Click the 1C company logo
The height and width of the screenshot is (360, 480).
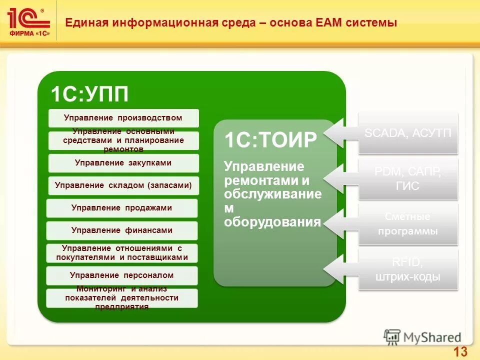click(28, 21)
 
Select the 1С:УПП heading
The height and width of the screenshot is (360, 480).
click(89, 93)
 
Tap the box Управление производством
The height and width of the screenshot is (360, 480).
click(123, 118)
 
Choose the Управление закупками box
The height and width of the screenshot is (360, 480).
click(123, 163)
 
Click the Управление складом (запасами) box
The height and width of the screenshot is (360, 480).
click(123, 185)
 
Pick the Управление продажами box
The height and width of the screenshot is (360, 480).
click(122, 208)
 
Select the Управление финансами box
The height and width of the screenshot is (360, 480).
click(122, 230)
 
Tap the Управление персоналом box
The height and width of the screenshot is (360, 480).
click(122, 275)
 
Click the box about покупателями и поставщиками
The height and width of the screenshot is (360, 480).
click(122, 253)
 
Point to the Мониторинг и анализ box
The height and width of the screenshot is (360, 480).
click(122, 298)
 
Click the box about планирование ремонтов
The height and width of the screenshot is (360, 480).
click(123, 140)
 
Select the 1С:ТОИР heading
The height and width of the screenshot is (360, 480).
click(270, 140)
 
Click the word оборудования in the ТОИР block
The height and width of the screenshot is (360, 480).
click(272, 222)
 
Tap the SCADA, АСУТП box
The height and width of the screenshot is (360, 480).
click(408, 133)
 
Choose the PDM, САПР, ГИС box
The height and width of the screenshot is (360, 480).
click(408, 179)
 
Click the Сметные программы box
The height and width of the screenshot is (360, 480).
click(408, 223)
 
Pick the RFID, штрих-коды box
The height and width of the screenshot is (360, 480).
click(408, 270)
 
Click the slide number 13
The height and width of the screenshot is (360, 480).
click(460, 351)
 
